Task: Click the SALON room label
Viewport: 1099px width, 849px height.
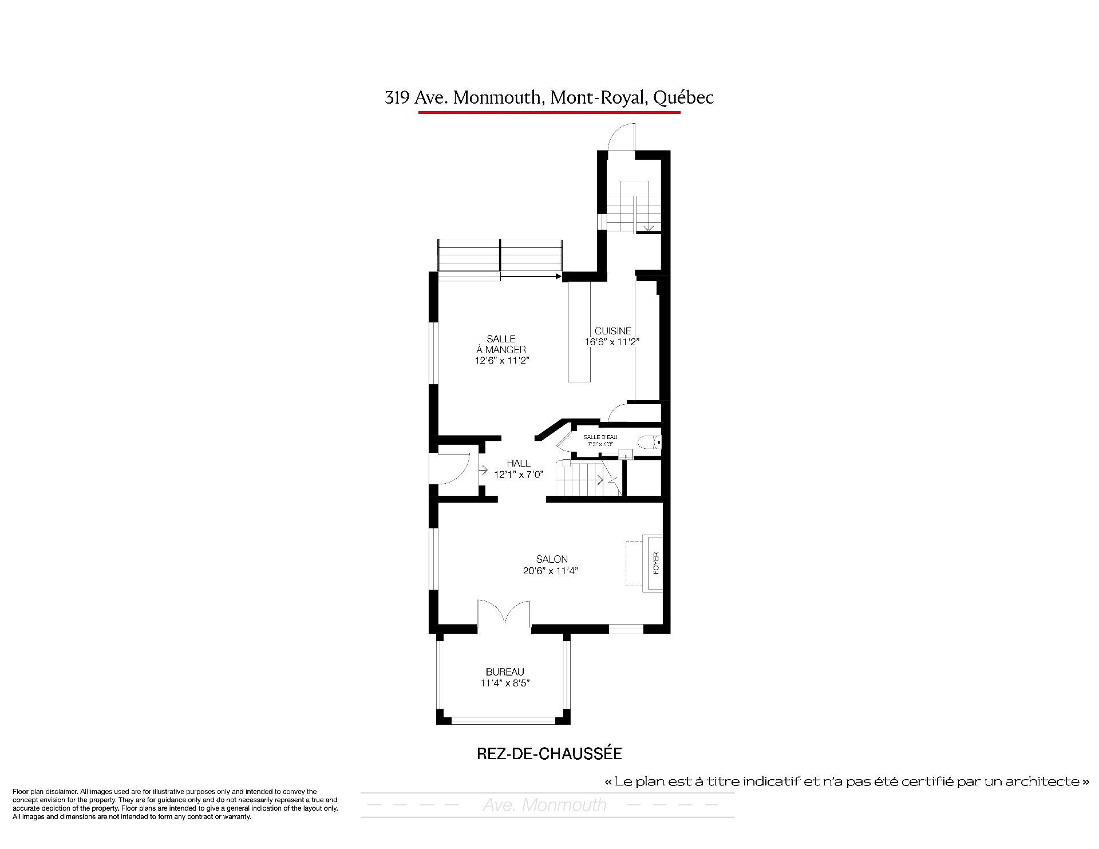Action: pyautogui.click(x=552, y=559)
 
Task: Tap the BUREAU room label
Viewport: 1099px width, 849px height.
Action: pyautogui.click(x=505, y=672)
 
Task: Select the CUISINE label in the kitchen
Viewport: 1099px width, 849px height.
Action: pyautogui.click(x=613, y=331)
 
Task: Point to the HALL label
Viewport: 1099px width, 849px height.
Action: pyautogui.click(x=519, y=463)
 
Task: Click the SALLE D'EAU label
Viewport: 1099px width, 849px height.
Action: pyautogui.click(x=600, y=437)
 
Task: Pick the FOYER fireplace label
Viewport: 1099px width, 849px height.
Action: pyautogui.click(x=656, y=563)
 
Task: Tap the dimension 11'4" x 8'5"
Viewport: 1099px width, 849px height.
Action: pyautogui.click(x=505, y=683)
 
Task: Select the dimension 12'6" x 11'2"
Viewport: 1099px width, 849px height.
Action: pyautogui.click(x=501, y=361)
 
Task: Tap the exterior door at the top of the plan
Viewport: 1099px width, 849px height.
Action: pyautogui.click(x=621, y=137)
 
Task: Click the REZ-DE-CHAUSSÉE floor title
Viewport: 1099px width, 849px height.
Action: pyautogui.click(x=549, y=753)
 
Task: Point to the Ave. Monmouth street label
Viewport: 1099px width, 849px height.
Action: pyautogui.click(x=544, y=805)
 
